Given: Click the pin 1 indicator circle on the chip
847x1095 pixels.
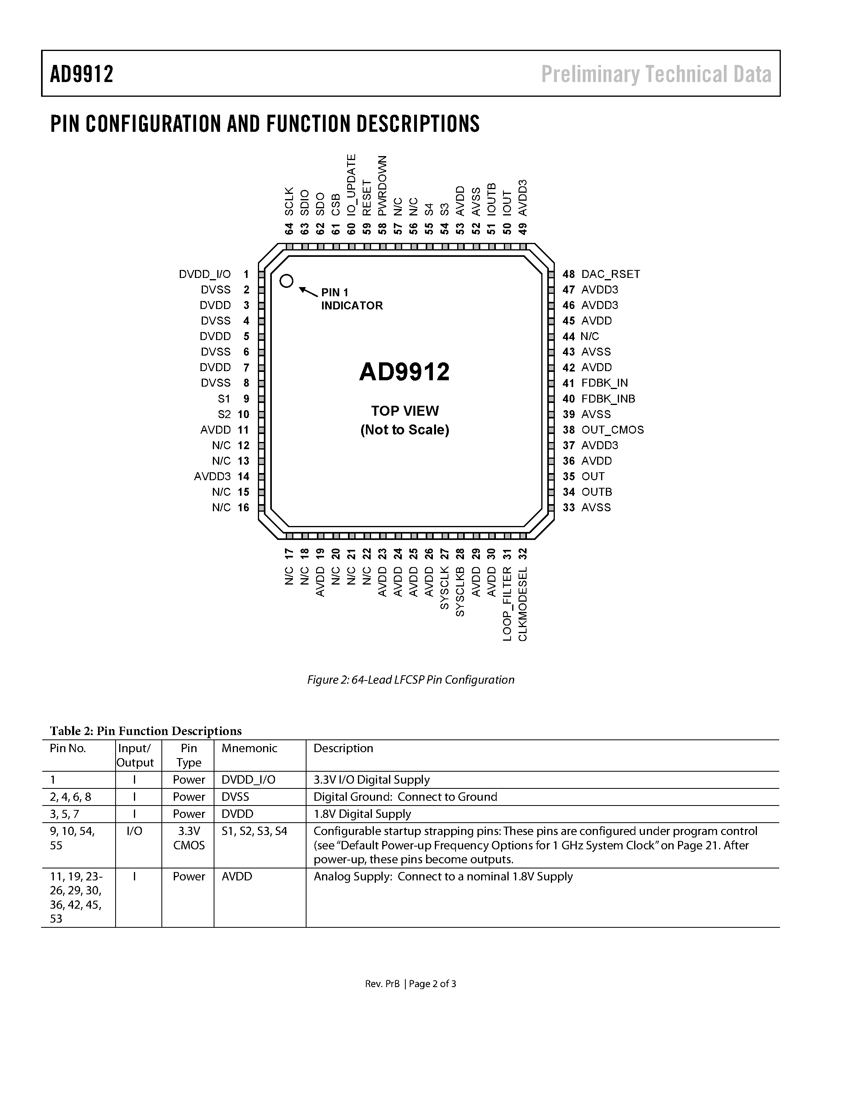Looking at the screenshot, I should click(286, 281).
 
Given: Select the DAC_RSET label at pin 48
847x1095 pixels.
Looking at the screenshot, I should click(610, 274).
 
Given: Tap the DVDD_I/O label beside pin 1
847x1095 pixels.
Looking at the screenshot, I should click(205, 274).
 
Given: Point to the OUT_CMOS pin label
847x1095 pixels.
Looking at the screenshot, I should click(612, 430).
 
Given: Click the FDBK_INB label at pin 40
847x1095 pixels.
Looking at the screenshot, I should click(608, 399).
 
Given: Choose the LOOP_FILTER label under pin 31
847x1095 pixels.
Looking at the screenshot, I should click(507, 604).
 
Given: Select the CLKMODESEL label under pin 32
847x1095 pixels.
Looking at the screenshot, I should click(523, 604).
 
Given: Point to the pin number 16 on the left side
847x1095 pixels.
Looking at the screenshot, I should click(244, 507).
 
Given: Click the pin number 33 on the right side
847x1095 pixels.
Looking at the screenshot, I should click(568, 507).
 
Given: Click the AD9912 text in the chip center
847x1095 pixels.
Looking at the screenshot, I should click(405, 372).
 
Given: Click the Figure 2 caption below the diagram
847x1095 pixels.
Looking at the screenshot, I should click(411, 679).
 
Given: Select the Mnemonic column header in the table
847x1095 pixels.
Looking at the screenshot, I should click(250, 748).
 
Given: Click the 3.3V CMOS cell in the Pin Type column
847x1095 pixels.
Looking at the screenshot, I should click(189, 838).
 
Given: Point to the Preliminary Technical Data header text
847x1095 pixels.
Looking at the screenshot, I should click(656, 74).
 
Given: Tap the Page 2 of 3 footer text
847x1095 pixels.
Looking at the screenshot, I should click(432, 984).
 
